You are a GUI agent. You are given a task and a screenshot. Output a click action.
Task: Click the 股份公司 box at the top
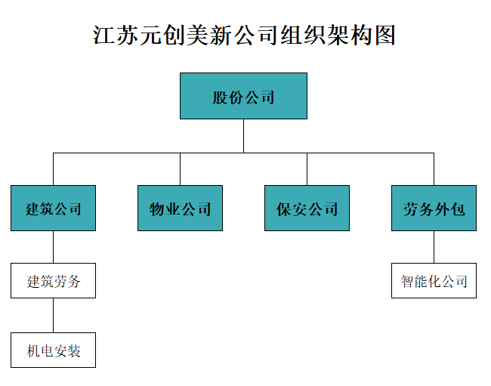click(243, 96)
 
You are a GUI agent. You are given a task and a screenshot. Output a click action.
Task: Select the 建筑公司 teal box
click(53, 208)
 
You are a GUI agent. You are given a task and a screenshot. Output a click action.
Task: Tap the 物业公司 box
click(180, 208)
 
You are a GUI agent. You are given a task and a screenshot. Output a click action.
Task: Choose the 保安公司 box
click(307, 208)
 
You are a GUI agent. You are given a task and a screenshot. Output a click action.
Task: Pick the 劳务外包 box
click(434, 208)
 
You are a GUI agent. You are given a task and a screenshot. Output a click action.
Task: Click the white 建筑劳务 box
click(53, 281)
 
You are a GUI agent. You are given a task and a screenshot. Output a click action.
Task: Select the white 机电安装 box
click(53, 350)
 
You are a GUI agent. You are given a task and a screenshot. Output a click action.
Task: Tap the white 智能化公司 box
click(434, 281)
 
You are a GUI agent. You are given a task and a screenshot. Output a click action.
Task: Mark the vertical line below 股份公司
click(243, 136)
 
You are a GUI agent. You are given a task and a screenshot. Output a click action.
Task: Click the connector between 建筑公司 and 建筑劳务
click(53, 247)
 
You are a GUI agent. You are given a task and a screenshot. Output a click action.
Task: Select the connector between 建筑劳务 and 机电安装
click(53, 315)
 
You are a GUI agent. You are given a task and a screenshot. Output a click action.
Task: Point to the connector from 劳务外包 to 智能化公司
click(434, 247)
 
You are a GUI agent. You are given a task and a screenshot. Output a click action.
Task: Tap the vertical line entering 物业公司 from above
click(180, 168)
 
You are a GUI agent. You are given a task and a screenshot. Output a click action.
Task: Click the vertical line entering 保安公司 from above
click(307, 168)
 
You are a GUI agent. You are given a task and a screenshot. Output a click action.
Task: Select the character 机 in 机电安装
click(33, 350)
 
